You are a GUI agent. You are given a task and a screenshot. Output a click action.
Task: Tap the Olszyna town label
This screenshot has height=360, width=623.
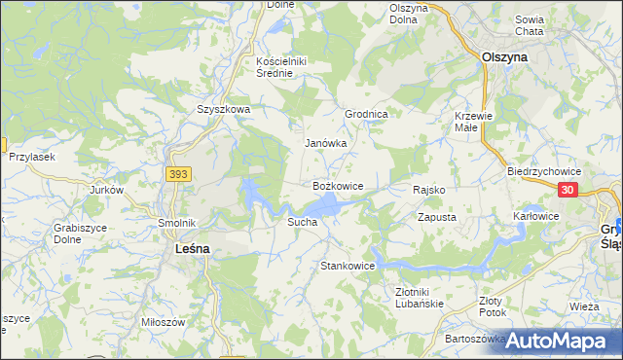tap(505, 57)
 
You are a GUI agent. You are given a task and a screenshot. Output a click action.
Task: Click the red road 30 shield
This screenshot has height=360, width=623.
tap(569, 191)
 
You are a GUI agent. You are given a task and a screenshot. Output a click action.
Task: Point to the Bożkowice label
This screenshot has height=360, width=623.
tap(338, 185)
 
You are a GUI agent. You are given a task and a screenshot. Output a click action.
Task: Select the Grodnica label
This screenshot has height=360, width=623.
tap(367, 114)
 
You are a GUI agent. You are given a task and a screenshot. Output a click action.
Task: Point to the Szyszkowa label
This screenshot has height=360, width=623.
tap(223, 110)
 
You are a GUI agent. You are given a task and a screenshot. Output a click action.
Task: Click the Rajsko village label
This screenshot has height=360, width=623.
tap(428, 190)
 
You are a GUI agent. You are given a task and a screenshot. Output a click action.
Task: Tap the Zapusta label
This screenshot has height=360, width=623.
tap(437, 218)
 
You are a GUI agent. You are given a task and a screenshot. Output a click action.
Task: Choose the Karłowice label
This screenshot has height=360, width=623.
tap(535, 216)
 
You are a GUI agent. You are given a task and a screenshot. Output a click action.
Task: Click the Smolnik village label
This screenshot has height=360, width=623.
tap(178, 223)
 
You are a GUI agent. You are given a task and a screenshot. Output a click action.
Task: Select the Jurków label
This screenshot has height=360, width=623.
tap(107, 191)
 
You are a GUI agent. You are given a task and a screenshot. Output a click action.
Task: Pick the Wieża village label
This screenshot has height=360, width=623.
tap(584, 306)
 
